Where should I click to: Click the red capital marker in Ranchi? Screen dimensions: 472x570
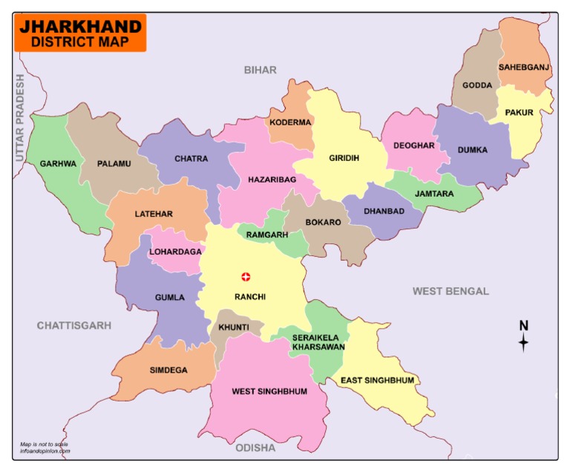[x=246, y=277]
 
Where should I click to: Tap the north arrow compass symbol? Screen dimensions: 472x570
[x=523, y=336]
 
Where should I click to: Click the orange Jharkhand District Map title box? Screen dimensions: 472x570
[x=80, y=33]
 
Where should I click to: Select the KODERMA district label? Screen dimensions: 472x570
[x=291, y=122]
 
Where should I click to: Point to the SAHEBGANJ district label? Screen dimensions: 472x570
[x=524, y=68]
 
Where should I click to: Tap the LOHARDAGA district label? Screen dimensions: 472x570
[x=175, y=252]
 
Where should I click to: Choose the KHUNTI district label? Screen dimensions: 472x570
[x=234, y=327]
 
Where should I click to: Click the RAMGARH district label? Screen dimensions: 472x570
[x=266, y=235]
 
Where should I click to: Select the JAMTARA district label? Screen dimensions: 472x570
[x=434, y=193]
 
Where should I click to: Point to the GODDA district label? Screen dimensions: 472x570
[x=477, y=85]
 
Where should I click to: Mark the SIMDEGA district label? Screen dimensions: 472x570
[x=168, y=370]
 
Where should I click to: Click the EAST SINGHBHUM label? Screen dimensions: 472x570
[x=377, y=381]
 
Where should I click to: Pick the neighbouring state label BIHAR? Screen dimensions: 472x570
[x=260, y=70]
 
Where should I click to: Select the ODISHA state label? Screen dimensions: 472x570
[x=255, y=448]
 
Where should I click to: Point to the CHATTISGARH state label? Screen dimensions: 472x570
[x=74, y=325]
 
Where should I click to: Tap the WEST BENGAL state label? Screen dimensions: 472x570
[x=451, y=291]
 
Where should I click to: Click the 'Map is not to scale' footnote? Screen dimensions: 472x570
[x=45, y=445]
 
